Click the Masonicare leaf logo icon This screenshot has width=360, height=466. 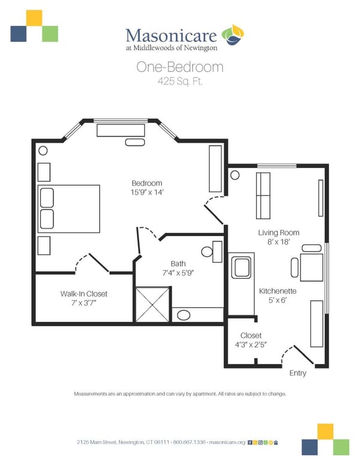point(232,35)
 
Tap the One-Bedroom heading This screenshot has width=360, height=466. point(179,67)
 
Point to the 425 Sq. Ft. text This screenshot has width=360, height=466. point(179,82)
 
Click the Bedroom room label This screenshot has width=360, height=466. point(147,183)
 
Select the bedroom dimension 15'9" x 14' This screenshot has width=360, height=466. point(147,192)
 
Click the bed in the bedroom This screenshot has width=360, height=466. point(68,208)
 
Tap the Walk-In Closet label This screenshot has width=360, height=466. point(83,294)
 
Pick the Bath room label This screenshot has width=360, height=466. point(178,263)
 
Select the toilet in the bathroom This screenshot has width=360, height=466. point(209,252)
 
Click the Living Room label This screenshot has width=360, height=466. point(278,232)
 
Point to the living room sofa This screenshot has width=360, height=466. point(263,196)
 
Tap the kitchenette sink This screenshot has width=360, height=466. point(242,268)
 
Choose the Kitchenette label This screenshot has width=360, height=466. point(278,291)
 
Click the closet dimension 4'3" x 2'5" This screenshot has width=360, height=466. point(251,345)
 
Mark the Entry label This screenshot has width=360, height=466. point(298,373)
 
